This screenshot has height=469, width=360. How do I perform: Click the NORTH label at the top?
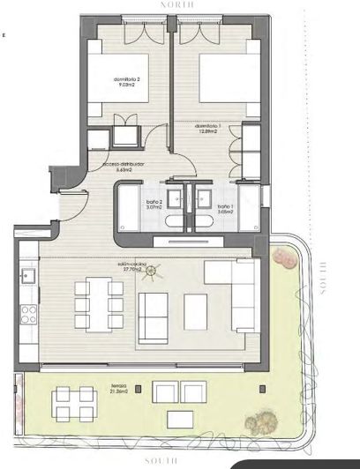[x=176, y=4]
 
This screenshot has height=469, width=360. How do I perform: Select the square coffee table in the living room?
[x=196, y=309]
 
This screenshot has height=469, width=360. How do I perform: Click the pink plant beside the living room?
[x=284, y=257]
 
